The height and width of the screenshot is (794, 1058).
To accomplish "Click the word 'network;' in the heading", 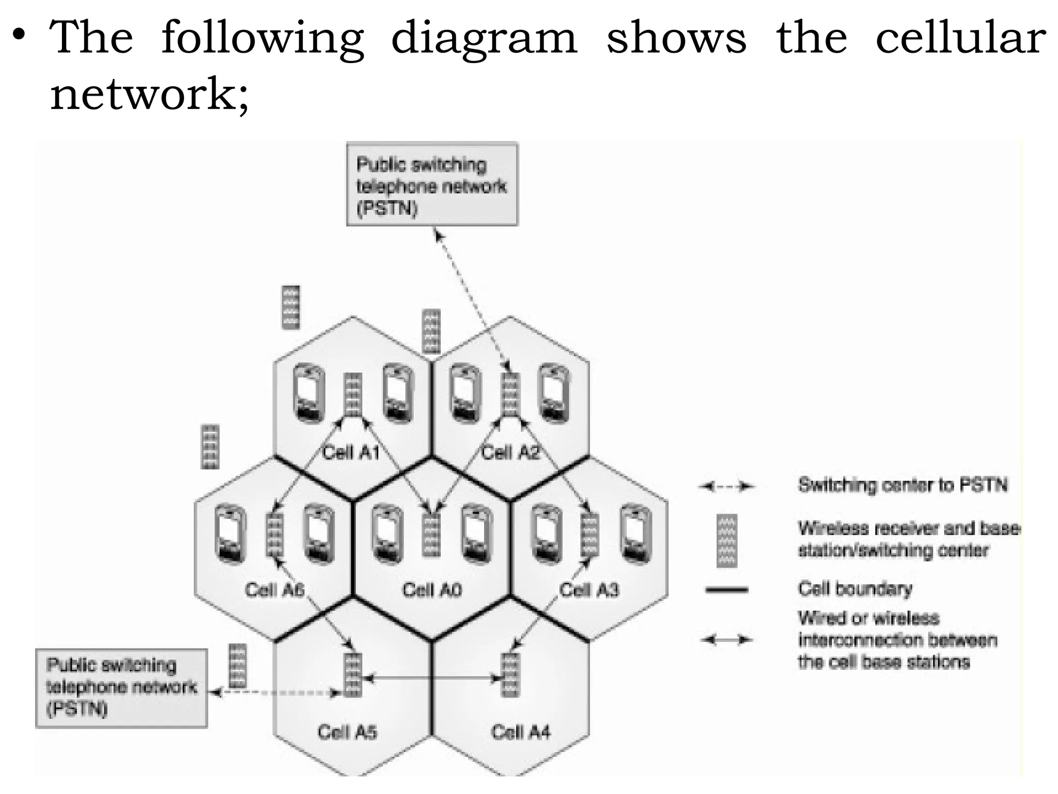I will click(149, 95).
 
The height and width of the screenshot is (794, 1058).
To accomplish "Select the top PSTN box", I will click(432, 185).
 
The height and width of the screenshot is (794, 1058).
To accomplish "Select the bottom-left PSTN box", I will click(121, 688).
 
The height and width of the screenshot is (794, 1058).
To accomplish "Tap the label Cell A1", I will click(351, 453).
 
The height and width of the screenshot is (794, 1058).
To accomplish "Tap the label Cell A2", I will click(510, 453).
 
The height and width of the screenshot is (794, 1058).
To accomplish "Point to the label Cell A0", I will click(432, 590).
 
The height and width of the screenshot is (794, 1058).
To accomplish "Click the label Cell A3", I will click(589, 590).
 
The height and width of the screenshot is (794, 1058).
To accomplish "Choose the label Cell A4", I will click(521, 732).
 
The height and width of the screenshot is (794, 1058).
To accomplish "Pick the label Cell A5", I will click(347, 732).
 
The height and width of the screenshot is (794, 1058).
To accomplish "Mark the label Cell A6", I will click(274, 590).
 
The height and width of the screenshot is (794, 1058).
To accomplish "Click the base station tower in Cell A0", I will click(431, 535).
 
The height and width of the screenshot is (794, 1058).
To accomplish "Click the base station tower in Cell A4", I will click(510, 675).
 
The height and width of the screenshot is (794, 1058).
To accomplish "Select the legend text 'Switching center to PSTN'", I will click(903, 485).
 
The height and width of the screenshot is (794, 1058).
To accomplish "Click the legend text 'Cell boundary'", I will click(855, 589).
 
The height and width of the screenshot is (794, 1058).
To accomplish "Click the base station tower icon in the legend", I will click(727, 541).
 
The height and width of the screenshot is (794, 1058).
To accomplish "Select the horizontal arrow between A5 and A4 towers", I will click(431, 678).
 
